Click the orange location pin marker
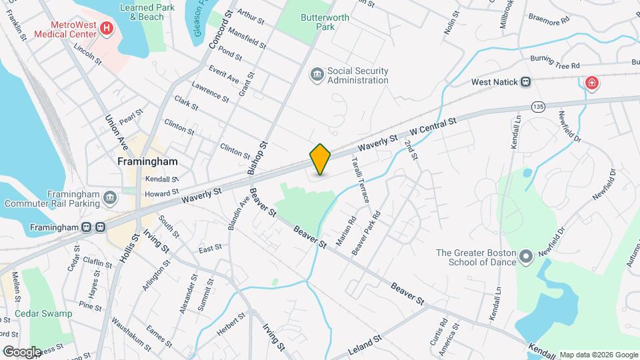click(x=321, y=159)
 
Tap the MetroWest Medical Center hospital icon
click(x=106, y=29)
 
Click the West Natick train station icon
click(x=525, y=82)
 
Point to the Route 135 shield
click(x=539, y=107)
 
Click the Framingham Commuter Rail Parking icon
click(x=109, y=198)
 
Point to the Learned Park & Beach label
click(x=141, y=12)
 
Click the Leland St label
click(x=364, y=347)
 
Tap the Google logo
click(x=21, y=352)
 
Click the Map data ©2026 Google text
click(x=597, y=355)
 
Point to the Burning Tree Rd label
click(x=555, y=62)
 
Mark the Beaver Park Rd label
click(x=366, y=233)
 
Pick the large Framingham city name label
click(x=147, y=162)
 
